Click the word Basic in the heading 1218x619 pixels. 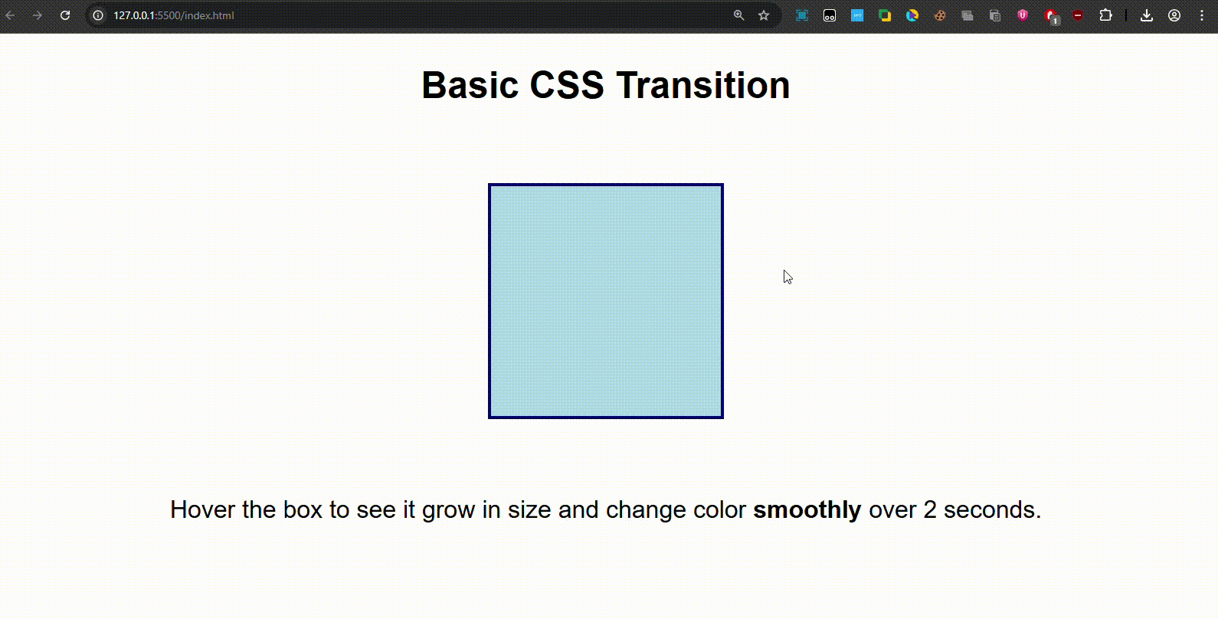470,85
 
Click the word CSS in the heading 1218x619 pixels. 567,85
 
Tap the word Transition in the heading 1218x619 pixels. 702,85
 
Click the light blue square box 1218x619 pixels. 606,301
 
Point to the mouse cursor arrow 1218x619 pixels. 787,277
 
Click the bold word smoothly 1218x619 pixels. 807,510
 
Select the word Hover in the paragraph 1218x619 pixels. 202,510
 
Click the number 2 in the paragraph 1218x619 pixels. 930,510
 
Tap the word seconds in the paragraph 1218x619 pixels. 992,510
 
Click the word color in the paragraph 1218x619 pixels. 719,510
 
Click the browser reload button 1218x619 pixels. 65,15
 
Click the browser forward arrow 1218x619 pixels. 37,15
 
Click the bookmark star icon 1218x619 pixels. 764,15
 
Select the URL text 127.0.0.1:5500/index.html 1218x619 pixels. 173,15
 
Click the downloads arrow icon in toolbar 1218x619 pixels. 1146,15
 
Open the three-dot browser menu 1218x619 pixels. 1202,15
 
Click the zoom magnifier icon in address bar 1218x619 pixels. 738,15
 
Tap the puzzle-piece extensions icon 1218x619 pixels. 1105,15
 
